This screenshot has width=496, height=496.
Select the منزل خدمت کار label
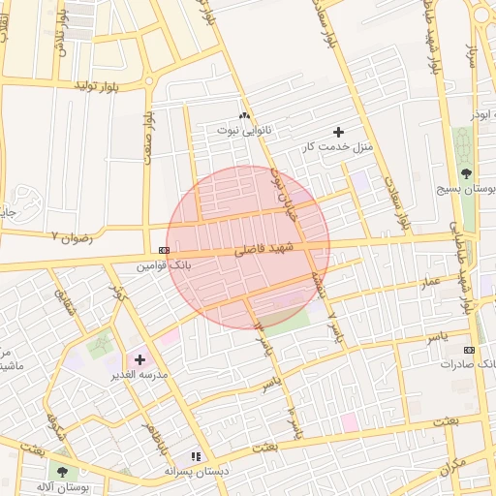point(335,145)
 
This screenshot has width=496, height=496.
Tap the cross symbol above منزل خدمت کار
point(338,131)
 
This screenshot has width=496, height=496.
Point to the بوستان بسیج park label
point(466,189)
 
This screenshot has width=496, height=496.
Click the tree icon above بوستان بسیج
point(466,174)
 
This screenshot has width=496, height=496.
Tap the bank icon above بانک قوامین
point(163,249)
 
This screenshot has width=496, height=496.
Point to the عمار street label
point(430,280)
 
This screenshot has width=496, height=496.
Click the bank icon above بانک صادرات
point(470,350)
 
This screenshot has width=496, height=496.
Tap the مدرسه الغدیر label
point(141,373)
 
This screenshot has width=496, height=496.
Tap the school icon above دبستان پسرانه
point(196,456)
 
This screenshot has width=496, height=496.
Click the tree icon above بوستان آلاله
point(62,472)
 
